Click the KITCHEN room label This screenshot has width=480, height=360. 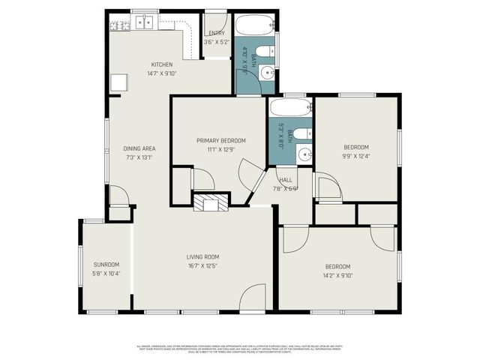click(162, 64)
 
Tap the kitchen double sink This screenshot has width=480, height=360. click(145, 22)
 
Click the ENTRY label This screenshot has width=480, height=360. click(217, 33)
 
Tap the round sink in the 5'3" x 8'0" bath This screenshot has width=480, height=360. click(304, 154)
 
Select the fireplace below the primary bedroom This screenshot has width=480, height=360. click(209, 202)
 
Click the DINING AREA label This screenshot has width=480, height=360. click(139, 148)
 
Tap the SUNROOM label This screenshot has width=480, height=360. click(106, 265)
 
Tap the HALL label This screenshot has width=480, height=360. click(286, 180)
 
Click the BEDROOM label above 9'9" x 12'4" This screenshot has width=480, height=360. click(356, 147)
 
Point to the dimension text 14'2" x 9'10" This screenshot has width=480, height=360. click(337, 275)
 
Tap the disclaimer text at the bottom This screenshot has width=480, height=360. click(240, 349)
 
